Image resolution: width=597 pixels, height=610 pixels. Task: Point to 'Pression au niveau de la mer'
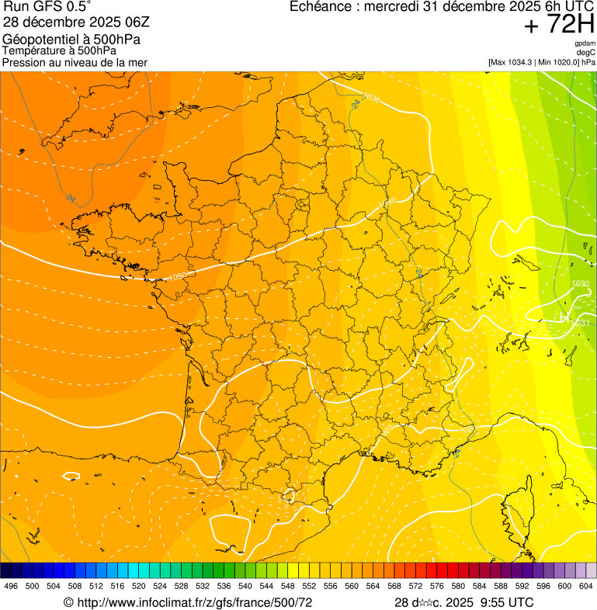coord(75,61)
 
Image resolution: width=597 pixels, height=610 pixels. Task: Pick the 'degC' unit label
coord(586,53)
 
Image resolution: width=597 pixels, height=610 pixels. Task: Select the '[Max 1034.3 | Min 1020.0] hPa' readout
coord(542,61)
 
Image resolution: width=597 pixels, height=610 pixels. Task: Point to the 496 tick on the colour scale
coord(11,586)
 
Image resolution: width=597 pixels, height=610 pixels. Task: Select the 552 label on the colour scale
coord(309,586)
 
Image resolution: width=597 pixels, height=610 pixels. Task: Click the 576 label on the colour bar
coord(437,586)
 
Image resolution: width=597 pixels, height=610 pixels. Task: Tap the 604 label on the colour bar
coord(586,586)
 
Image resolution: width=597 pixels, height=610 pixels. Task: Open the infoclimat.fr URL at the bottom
coord(193,602)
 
